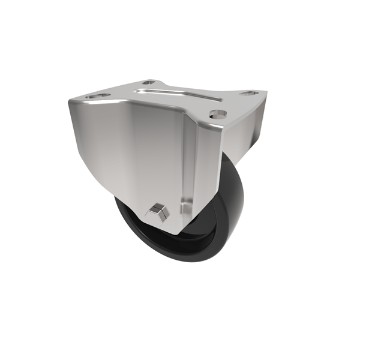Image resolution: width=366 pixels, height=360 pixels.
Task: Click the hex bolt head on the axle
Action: point(157,211)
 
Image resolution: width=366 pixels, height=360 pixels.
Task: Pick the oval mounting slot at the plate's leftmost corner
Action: point(98,95)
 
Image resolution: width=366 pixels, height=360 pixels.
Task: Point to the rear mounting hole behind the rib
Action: point(149,82)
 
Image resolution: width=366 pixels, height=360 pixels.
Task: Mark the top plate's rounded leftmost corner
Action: point(71,102)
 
